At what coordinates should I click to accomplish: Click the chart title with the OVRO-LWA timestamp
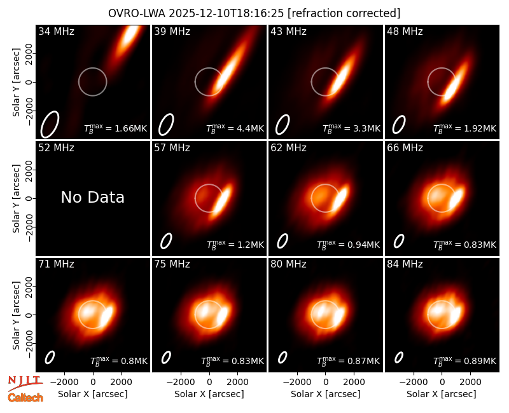254,13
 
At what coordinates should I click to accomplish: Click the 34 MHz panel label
56,31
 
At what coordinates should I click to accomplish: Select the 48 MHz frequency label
405,31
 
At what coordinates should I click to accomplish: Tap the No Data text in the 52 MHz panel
93,197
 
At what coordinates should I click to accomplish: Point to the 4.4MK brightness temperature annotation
235,128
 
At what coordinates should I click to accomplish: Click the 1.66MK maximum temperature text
116,128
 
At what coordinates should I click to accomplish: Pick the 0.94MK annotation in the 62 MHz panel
348,245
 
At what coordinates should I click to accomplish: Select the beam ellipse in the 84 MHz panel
399,357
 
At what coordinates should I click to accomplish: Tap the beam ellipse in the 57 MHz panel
166,241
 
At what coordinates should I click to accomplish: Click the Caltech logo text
25,398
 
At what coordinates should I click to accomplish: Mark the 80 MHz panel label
288,264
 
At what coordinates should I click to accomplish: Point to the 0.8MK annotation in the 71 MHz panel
119,361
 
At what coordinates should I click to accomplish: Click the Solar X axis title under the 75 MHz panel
209,394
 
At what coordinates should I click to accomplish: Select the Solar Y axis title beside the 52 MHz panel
17,198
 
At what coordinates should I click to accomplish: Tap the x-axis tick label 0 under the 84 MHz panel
442,383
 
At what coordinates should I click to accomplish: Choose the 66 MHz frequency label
405,148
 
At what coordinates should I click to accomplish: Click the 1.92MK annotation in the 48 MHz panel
465,128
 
